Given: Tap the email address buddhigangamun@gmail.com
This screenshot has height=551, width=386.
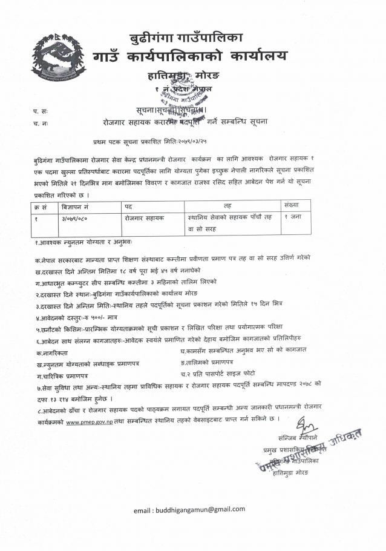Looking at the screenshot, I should tap(189, 510).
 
